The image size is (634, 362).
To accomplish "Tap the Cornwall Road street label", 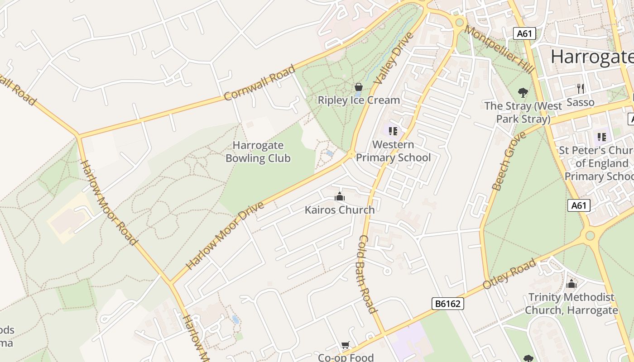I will (259, 83).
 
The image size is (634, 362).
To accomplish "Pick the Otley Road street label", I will (509, 274).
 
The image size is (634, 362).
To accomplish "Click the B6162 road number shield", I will (447, 304).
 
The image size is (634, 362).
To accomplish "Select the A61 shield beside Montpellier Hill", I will (524, 33).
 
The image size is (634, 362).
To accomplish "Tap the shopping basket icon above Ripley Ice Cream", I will (359, 87).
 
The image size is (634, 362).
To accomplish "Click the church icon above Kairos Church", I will (340, 196).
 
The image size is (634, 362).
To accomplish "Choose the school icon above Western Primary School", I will (393, 131).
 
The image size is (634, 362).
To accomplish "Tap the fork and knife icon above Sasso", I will (580, 88).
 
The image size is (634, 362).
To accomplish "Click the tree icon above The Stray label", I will (523, 93).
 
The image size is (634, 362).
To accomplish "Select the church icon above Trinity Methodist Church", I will (572, 284).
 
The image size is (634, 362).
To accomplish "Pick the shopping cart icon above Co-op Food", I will (345, 345).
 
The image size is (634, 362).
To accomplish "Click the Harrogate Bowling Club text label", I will (258, 152).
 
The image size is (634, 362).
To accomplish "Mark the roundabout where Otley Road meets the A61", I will (589, 235).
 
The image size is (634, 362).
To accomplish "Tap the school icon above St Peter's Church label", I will (601, 137).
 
